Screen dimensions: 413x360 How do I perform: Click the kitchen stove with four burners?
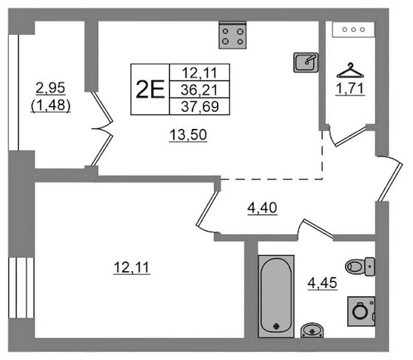(x=233, y=35)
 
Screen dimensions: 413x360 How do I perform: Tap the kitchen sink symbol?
(x=306, y=62)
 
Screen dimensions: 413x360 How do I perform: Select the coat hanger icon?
(x=350, y=70)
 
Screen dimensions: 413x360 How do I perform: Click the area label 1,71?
(x=350, y=88)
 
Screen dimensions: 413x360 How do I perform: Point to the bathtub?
(x=276, y=296)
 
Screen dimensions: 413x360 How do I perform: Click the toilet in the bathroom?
(x=360, y=266)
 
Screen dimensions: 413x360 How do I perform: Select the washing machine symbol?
(x=361, y=311)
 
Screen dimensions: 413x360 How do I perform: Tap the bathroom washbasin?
(x=312, y=330)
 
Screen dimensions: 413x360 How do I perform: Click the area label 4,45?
(x=322, y=283)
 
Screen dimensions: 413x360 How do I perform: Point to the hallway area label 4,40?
(x=262, y=208)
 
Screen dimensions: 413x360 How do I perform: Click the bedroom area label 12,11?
(x=132, y=268)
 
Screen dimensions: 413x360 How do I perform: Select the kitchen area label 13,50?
(x=188, y=135)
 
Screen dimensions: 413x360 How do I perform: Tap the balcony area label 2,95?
(x=50, y=88)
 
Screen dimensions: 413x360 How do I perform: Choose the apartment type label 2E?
(x=150, y=89)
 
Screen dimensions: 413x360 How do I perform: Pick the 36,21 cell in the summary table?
(x=200, y=90)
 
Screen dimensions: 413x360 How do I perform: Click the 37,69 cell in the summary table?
(x=200, y=107)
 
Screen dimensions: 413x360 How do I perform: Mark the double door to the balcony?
(x=102, y=129)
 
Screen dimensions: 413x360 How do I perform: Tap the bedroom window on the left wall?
(x=22, y=287)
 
